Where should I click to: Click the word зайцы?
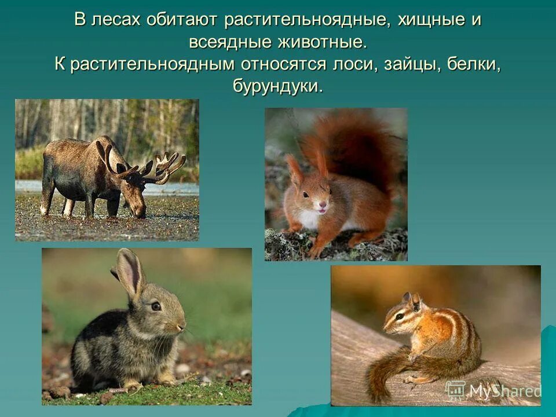pos(411,64)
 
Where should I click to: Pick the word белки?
pos(473,64)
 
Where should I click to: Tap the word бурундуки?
pos(277,86)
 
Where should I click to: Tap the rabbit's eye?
pos(156,306)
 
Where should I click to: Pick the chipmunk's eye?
pos(400,316)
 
